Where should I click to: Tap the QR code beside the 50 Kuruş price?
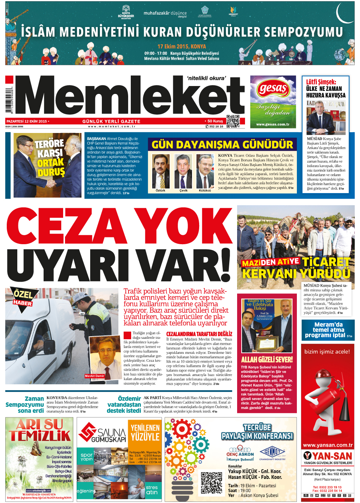pos(233,121)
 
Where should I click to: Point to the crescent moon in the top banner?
pos(344,14)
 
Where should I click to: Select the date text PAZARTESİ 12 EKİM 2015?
pos(27,121)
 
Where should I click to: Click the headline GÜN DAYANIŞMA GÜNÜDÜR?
pos(222,145)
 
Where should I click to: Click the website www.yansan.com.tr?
pos(328,445)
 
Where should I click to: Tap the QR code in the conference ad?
pos(212,482)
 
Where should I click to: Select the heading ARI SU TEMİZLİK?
pos(39,430)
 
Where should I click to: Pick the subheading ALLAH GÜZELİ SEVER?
pos(267,360)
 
